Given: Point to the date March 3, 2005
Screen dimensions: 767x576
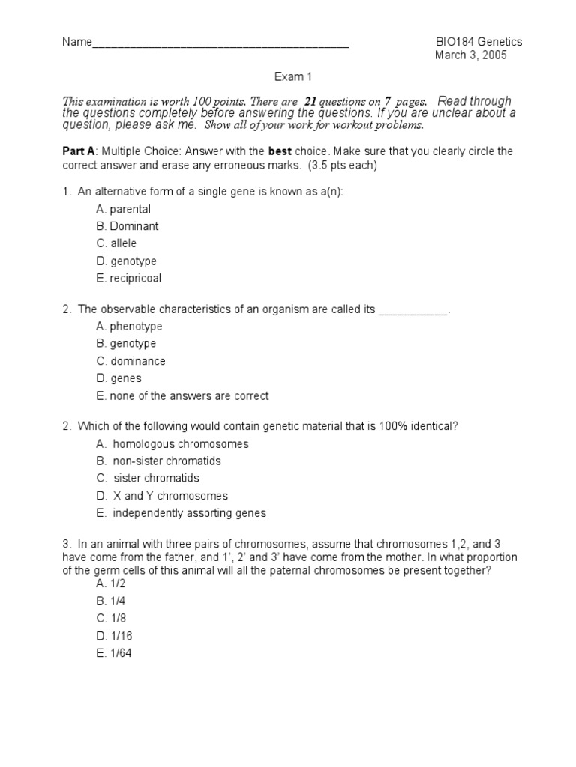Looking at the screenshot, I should coord(471,56).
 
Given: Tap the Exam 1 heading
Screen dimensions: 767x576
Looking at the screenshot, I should coord(288,77).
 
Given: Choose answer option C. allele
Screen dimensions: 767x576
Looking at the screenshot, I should coord(116,243).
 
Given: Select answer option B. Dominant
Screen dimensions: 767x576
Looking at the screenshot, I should coord(127,226).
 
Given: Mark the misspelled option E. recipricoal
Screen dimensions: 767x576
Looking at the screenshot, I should coord(128,279).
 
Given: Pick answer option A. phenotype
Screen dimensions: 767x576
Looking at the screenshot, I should coord(129,327).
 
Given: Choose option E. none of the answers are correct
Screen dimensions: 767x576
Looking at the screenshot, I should coord(182,396).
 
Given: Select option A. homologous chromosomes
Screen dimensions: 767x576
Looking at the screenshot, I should coord(172,444).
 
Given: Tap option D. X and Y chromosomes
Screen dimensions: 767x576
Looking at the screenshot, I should coord(162,496).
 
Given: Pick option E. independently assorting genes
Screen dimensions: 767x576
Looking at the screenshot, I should coord(181,514).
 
